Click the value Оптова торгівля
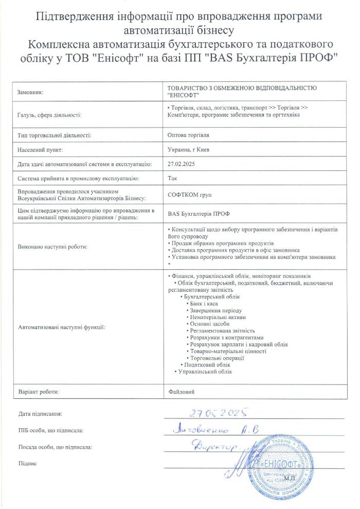point(189,136)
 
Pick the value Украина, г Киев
point(188,150)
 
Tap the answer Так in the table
point(172,179)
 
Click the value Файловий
point(181,392)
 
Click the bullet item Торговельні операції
point(217,358)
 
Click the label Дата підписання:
point(40,413)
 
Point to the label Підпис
point(27,463)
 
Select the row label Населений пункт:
point(40,150)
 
